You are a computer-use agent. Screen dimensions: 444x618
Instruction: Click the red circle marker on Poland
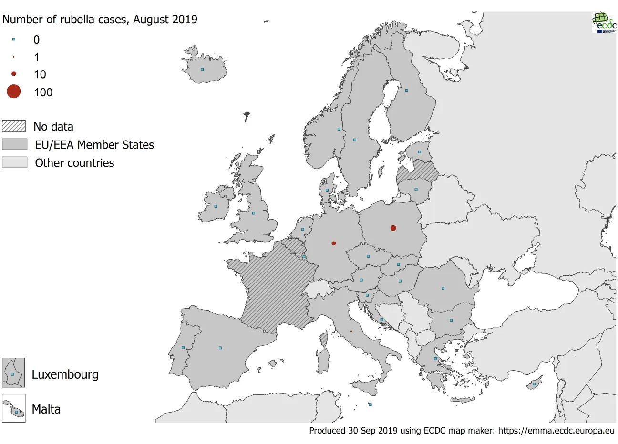click(x=393, y=228)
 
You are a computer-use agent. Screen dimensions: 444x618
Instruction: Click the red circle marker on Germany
click(x=334, y=243)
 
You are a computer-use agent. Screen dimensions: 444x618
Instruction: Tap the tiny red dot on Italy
click(x=351, y=331)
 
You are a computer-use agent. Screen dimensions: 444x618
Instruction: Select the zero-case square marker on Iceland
click(x=202, y=70)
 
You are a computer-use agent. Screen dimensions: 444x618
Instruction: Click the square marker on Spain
click(x=220, y=348)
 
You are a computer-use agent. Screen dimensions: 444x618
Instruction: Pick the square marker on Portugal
click(x=183, y=348)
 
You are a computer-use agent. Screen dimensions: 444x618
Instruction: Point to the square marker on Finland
click(x=406, y=91)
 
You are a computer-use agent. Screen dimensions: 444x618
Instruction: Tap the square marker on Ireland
click(x=216, y=206)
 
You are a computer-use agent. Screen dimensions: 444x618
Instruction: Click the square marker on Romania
click(x=443, y=288)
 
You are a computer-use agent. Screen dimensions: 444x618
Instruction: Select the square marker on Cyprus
click(x=534, y=384)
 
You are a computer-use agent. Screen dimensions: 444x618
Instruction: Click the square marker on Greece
click(x=435, y=359)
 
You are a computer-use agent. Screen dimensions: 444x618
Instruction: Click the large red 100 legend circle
click(x=14, y=91)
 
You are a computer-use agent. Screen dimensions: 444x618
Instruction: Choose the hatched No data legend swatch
click(x=14, y=126)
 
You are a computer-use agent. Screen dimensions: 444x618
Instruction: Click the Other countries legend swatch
click(x=14, y=162)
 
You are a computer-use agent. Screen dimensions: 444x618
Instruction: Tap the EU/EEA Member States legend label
click(x=94, y=145)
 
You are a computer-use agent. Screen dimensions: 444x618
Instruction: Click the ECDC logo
click(x=604, y=22)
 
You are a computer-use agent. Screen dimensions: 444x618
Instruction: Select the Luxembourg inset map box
click(x=13, y=373)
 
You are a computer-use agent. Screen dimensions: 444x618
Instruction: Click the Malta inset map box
click(x=13, y=409)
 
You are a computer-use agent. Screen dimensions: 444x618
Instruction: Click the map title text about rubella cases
click(x=100, y=20)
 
